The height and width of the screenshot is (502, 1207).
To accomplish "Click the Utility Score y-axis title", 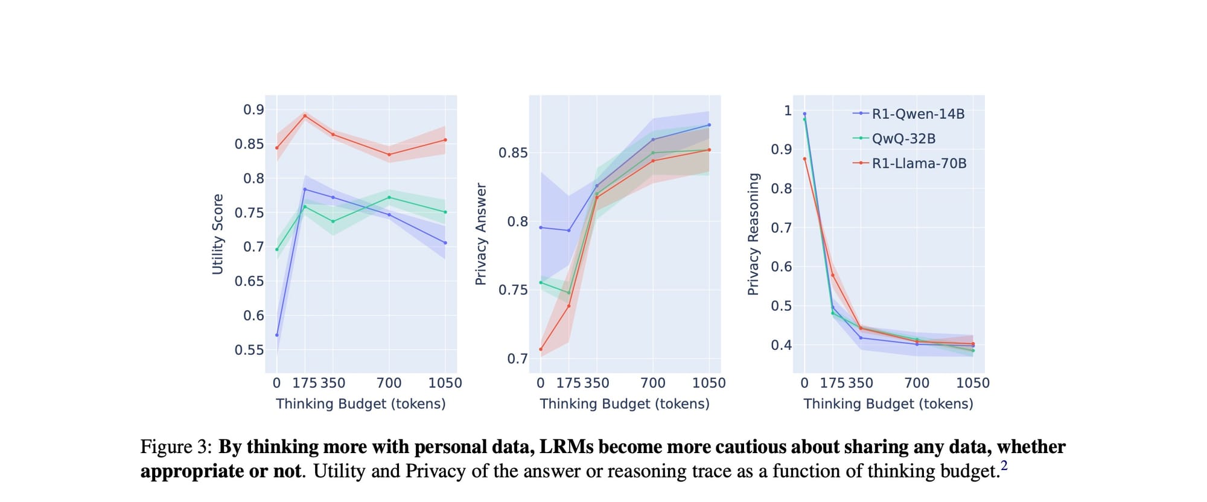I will point(218,234).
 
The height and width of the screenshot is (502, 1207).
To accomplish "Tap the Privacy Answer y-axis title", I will point(481,234).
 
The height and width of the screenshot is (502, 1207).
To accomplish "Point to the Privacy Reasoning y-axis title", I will point(753,234).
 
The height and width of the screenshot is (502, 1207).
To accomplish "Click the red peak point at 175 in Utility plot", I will point(305,116).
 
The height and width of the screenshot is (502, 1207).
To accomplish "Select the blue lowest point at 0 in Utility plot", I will point(277,335).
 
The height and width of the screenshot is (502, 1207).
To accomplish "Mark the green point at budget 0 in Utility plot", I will point(277,249).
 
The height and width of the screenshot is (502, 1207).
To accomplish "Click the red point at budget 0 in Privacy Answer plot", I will point(541,349).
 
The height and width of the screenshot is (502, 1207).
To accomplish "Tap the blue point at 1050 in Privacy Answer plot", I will point(709,125).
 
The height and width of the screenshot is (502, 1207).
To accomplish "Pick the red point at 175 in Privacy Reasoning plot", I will point(833,275).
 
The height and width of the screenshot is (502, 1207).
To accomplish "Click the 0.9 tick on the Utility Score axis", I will point(253,110).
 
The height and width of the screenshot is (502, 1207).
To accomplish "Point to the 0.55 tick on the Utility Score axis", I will point(249,350).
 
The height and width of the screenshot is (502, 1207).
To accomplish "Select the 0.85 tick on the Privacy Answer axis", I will point(513,153).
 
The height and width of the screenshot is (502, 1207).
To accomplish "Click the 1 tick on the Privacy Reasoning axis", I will point(788,110).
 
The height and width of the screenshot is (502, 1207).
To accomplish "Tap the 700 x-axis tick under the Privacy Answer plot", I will point(653,383).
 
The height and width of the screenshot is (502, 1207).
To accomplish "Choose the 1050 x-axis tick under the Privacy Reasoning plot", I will point(973,383).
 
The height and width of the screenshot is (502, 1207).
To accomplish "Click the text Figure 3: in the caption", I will point(176,447).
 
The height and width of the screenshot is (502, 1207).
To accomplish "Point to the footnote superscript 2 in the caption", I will point(1004,465).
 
